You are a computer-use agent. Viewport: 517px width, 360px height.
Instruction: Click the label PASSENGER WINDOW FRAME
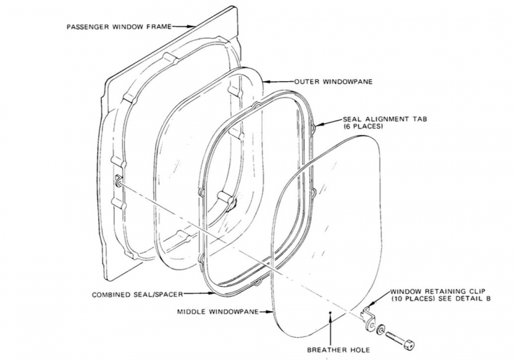point(119,27)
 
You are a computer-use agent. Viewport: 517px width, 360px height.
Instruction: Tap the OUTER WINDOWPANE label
point(333,81)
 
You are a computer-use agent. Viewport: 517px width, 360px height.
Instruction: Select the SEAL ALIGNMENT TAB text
point(385,119)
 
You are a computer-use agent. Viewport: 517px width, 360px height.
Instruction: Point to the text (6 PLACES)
point(363,126)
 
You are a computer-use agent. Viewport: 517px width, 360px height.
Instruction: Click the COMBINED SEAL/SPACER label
point(137,295)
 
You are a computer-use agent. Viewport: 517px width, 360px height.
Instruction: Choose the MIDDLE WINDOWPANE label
point(218,312)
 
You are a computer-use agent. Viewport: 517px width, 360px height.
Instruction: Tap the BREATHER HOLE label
point(338,350)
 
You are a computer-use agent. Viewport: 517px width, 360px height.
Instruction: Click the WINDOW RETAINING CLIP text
point(438,291)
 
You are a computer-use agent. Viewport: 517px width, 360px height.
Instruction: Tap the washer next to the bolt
point(381,329)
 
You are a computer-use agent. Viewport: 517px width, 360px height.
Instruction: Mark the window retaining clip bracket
point(368,318)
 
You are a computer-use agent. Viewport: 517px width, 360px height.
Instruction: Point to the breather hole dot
point(330,311)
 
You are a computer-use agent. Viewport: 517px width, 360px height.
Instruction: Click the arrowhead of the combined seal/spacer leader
point(212,292)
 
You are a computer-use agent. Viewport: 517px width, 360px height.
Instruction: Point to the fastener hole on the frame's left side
point(118,182)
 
